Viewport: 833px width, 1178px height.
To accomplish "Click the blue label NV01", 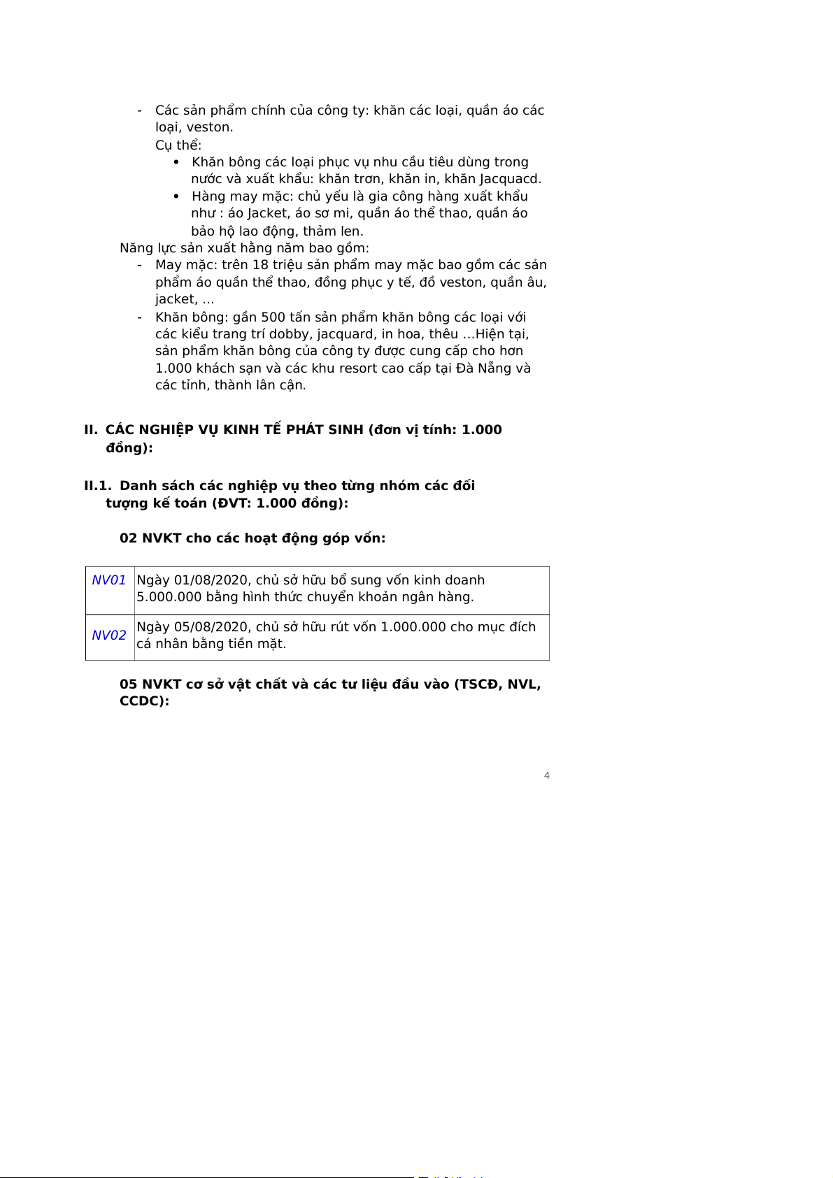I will tap(109, 580).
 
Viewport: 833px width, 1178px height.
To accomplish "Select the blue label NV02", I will tap(109, 635).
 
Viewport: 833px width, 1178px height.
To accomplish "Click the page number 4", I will tap(547, 775).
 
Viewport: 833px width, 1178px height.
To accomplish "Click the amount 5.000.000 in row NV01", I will tap(168, 597).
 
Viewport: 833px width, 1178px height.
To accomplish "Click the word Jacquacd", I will tap(509, 179).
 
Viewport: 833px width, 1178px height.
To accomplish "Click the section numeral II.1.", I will tap(97, 486).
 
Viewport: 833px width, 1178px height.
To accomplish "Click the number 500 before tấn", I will tap(273, 317).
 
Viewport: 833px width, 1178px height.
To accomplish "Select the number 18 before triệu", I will tap(260, 265).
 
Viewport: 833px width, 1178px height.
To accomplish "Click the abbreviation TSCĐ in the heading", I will tap(478, 684).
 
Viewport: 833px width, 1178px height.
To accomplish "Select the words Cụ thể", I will tap(178, 145).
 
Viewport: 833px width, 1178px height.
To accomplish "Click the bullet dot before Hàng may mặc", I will tap(176, 196).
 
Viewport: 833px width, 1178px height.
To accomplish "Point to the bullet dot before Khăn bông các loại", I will tap(176, 162).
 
